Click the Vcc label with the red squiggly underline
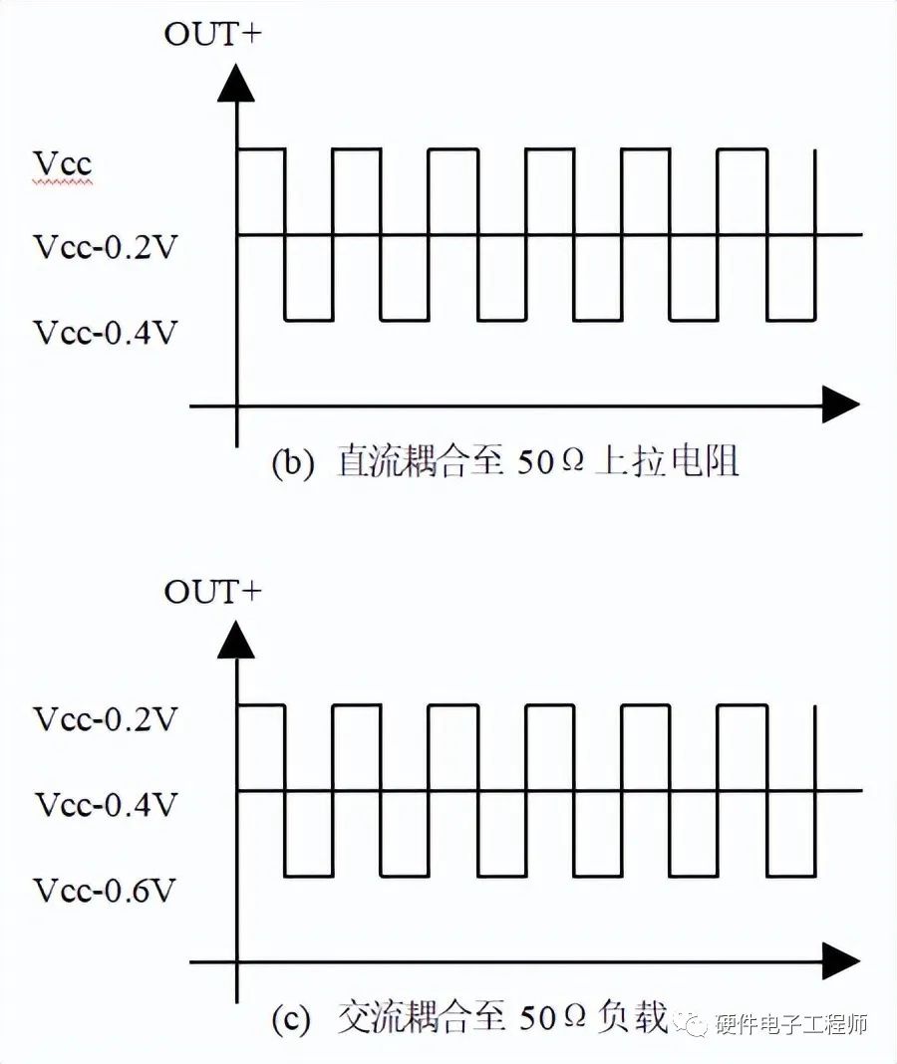pos(63,162)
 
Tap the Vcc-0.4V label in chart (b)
pos(105,332)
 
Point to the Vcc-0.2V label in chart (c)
pos(105,718)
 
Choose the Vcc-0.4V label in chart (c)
pos(105,804)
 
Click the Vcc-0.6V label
pos(105,890)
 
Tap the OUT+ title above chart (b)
pos(212,35)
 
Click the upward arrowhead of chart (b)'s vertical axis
pos(236,85)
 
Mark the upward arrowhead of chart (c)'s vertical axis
pos(236,641)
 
